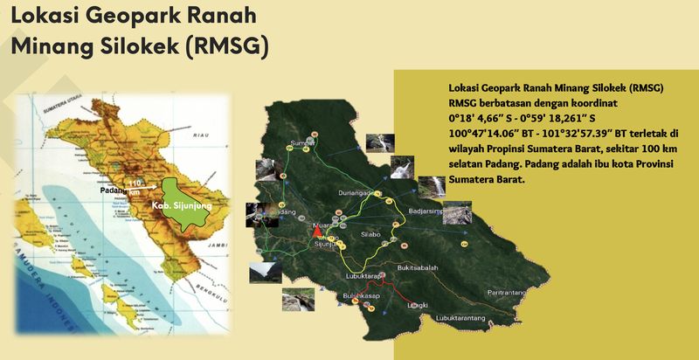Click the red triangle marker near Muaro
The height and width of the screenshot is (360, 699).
pos(316,232)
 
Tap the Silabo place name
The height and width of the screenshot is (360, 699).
pos(371,235)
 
